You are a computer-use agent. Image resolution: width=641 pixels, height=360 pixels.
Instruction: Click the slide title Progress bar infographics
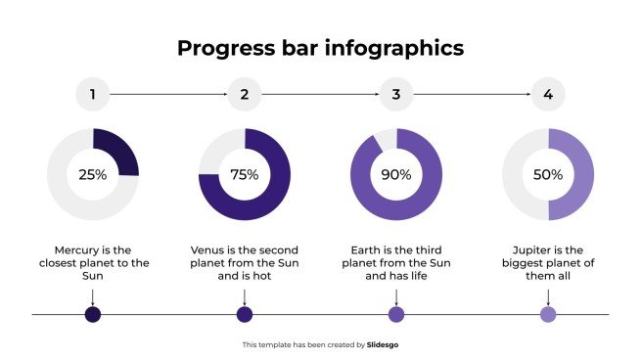click(x=320, y=48)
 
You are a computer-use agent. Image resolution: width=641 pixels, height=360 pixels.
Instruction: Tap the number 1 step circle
click(x=92, y=95)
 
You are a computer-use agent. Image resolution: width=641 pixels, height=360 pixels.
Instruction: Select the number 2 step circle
click(x=244, y=95)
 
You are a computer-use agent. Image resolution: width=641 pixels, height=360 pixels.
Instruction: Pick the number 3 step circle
click(x=395, y=95)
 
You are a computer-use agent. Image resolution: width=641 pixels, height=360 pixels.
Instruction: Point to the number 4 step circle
click(x=548, y=95)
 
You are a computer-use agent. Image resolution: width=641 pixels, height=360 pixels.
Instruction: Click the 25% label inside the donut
click(x=92, y=175)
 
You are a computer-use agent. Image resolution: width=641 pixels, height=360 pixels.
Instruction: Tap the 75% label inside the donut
click(x=244, y=175)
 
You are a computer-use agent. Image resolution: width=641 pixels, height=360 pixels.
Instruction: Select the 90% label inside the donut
click(x=395, y=175)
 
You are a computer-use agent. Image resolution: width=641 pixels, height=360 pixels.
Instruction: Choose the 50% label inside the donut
click(x=548, y=175)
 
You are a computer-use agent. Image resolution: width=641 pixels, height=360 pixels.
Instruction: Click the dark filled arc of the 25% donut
click(x=119, y=150)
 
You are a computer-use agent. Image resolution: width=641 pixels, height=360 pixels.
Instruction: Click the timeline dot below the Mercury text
click(x=92, y=314)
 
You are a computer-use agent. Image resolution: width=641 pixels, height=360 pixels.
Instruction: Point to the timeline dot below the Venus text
click(x=244, y=314)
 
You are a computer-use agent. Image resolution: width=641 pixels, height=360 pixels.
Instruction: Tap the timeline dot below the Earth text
click(x=395, y=314)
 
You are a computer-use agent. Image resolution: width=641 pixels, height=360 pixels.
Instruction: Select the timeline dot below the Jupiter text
click(x=548, y=314)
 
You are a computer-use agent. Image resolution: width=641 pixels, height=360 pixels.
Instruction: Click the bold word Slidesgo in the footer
click(x=382, y=344)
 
